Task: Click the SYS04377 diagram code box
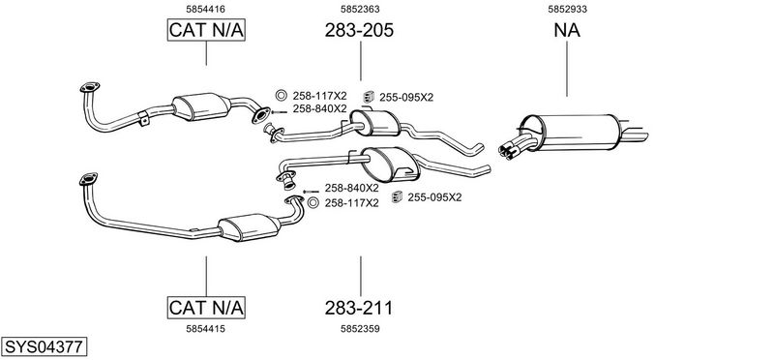pos(44,346)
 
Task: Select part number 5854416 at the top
pos(205,9)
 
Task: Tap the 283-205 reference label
pos(359,31)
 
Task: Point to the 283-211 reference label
pos(359,308)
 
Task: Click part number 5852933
pos(567,9)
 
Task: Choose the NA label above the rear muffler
pos(567,31)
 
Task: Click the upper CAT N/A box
pos(206,30)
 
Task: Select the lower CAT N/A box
pos(206,308)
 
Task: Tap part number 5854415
pos(205,329)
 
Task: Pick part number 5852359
pos(360,329)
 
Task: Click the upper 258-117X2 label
pos(320,96)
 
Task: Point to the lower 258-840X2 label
pos(351,188)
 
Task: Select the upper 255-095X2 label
pos(406,98)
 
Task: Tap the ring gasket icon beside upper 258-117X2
pos(281,96)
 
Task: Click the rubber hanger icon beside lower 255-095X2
pos(397,197)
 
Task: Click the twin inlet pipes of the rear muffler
pos(516,147)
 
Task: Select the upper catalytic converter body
pos(201,106)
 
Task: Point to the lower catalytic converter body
pos(250,227)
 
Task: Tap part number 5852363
pos(360,9)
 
